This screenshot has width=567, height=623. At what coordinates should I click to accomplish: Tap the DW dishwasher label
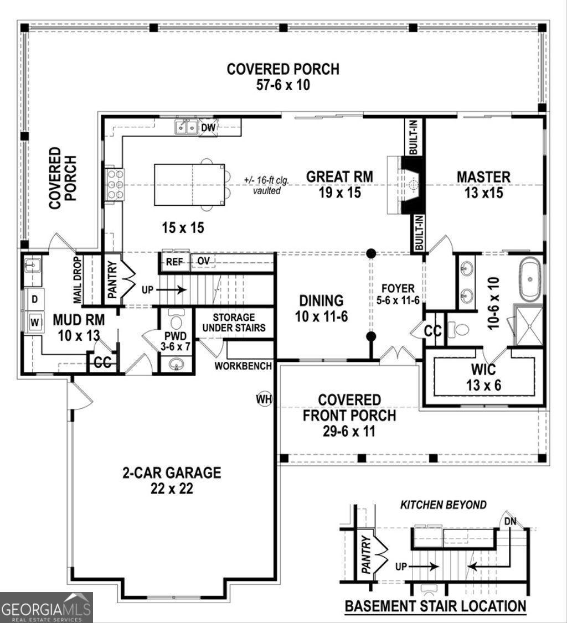pos(208,128)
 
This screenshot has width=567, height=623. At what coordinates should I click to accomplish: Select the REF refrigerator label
pos(174,262)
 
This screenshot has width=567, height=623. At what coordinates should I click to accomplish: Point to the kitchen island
pos(189,185)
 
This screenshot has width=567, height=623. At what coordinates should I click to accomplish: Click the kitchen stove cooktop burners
pos(115,184)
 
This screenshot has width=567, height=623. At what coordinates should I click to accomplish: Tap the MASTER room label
pos(483,177)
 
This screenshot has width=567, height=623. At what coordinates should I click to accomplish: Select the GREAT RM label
pos(339,177)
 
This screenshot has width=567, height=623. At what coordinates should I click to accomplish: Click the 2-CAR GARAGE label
pos(172,473)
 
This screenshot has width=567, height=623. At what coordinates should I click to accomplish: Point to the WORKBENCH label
pos(243,366)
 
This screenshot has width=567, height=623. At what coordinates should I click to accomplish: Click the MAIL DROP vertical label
pos(78,279)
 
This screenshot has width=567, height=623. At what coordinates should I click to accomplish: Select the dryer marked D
pos(34,300)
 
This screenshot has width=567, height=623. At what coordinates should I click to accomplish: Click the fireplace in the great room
pos(411,184)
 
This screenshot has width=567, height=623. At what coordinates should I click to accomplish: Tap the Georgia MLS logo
pos(47,608)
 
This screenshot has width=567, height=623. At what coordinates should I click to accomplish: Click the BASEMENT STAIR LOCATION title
pos(435,606)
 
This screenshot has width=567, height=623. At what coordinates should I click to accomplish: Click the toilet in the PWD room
pos(177,321)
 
